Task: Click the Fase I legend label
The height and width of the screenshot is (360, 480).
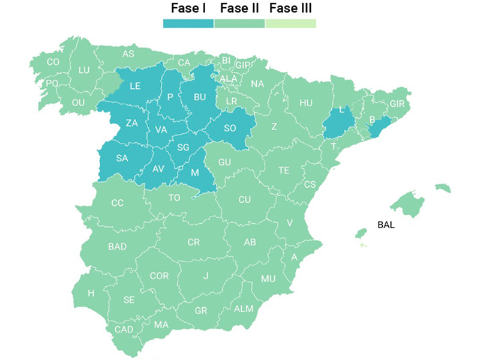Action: coord(188,8)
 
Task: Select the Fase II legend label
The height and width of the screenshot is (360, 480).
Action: coord(239,8)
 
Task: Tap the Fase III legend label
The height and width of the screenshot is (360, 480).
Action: coord(290,8)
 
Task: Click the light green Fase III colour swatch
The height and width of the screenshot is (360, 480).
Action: coord(290,23)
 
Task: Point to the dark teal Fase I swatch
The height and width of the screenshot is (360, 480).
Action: coord(188,23)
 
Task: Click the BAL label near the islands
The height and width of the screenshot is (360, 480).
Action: coord(387,226)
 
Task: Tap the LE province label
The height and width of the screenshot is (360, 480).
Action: coord(135,86)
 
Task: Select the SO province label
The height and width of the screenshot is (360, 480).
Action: coord(230,128)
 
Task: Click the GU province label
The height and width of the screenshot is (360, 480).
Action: coord(225,162)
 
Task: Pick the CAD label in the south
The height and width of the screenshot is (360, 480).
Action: coord(124,329)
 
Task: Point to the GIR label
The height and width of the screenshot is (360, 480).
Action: coord(397,103)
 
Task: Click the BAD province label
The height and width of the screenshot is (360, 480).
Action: coord(117,246)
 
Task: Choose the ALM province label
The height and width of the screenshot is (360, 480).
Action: coord(244,308)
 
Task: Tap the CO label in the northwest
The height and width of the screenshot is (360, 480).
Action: coord(53,61)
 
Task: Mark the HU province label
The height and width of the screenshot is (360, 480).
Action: coord(306,103)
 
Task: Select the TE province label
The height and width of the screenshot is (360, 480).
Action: coord(284,170)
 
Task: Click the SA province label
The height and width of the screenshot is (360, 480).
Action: coord(122,158)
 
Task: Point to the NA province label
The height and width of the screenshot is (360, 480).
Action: coord(257,84)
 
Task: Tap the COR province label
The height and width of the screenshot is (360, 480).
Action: coord(159,276)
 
